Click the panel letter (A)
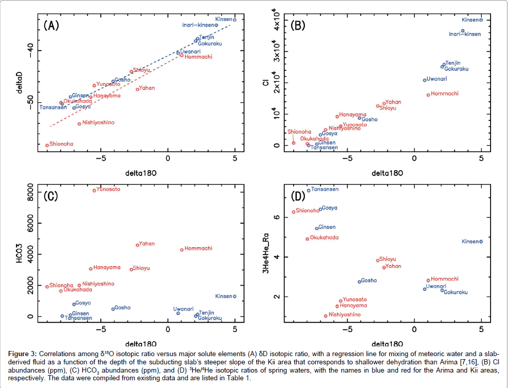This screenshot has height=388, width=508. click(52, 25)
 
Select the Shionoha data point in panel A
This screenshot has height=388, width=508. click(47, 145)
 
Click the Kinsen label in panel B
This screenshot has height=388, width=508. click(470, 20)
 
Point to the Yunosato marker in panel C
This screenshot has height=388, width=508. click(94, 190)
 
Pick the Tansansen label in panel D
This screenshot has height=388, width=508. click(325, 189)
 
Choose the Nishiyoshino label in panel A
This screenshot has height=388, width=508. click(98, 122)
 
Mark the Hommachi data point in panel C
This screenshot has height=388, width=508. click(182, 250)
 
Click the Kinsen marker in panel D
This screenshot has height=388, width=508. click(481, 242)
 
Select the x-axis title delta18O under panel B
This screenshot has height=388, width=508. click(388, 174)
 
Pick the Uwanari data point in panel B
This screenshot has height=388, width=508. click(425, 80)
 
